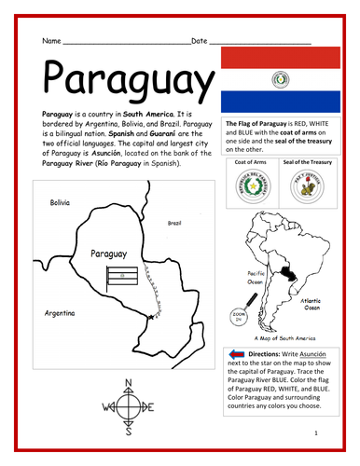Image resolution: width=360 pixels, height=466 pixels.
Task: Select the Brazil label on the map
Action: tap(174, 223)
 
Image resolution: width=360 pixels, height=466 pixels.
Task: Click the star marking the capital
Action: tap(150, 319)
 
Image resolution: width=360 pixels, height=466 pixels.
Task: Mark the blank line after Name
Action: tap(125, 42)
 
